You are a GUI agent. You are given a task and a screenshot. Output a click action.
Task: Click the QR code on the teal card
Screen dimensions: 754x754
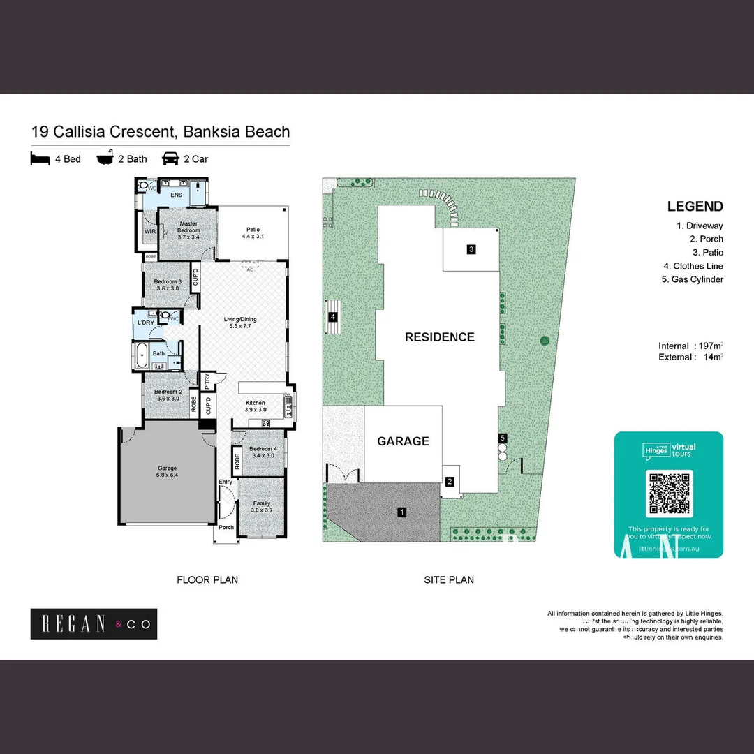[x=670, y=494]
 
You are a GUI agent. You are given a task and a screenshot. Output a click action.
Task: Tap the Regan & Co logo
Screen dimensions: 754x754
[x=94, y=623]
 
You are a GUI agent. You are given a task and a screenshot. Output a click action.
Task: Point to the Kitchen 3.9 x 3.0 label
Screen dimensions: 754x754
[x=256, y=406]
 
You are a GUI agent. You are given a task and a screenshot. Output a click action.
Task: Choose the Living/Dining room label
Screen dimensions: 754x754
[x=242, y=323]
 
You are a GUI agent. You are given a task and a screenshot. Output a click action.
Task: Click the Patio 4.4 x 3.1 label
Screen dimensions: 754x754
[x=252, y=233]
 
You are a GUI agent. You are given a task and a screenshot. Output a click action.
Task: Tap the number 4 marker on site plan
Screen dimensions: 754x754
[x=333, y=317]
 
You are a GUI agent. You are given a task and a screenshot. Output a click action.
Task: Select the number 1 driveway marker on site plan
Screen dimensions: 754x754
[x=401, y=512]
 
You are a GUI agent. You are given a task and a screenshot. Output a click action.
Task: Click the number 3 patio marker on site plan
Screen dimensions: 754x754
[x=471, y=249]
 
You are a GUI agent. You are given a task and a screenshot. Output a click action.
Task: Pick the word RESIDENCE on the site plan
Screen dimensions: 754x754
[x=439, y=337]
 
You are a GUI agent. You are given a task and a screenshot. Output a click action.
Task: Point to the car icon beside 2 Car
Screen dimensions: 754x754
[x=170, y=158]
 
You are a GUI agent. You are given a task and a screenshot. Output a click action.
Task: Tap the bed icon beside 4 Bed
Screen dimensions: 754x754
[x=40, y=159]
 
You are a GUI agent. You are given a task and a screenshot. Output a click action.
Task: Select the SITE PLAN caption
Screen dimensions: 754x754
[x=449, y=579]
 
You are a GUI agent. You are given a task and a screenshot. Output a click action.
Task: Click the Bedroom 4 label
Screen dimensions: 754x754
[x=263, y=452]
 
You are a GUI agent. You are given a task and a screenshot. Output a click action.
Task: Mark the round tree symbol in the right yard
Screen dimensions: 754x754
[x=545, y=341]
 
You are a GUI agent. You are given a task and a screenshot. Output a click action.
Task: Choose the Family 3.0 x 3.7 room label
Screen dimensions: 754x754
[x=261, y=507]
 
